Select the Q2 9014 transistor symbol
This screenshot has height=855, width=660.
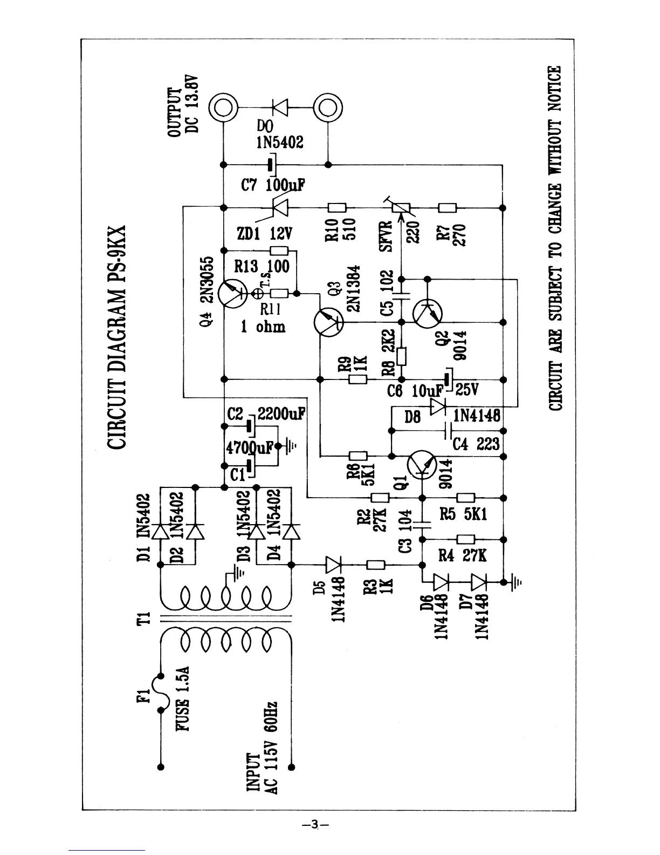click(x=427, y=313)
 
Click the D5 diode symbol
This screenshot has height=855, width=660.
click(x=333, y=565)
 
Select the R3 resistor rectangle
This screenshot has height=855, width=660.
click(x=375, y=565)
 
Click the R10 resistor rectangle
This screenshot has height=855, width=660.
click(x=338, y=207)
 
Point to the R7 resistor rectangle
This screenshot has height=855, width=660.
click(x=448, y=207)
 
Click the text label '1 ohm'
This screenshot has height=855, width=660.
click(x=263, y=327)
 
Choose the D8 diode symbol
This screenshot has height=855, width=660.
click(x=437, y=405)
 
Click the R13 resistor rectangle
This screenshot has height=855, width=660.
click(x=279, y=250)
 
